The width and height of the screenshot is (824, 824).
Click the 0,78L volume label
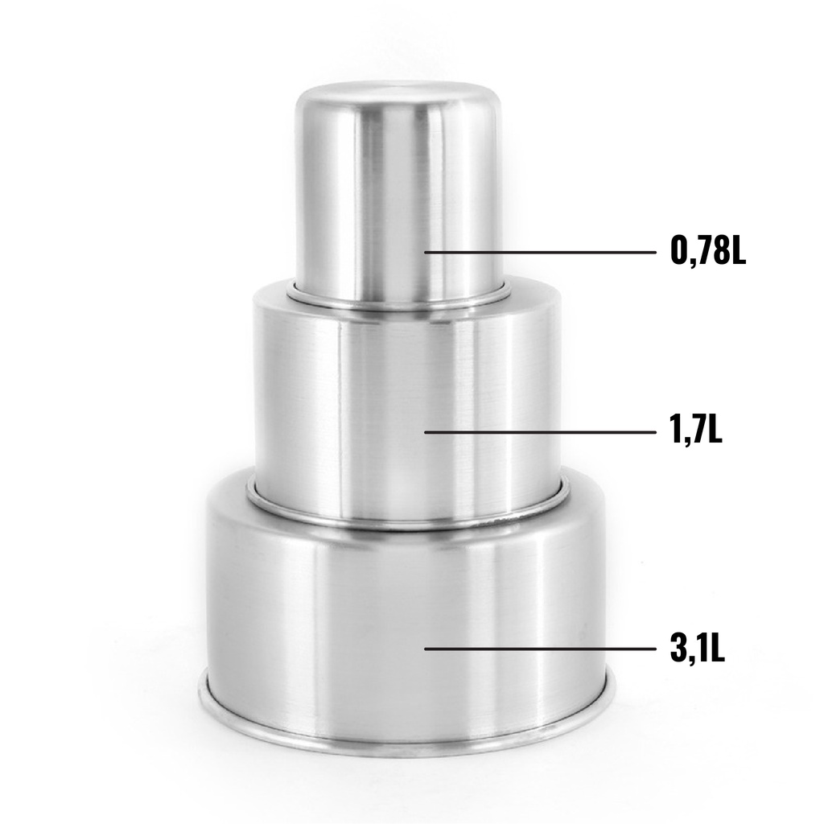(708, 251)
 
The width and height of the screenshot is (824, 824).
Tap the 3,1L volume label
(698, 649)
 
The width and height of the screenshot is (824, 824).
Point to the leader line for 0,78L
(540, 252)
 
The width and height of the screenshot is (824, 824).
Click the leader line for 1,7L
(540, 432)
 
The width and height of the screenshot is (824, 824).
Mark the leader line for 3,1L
(540, 649)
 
